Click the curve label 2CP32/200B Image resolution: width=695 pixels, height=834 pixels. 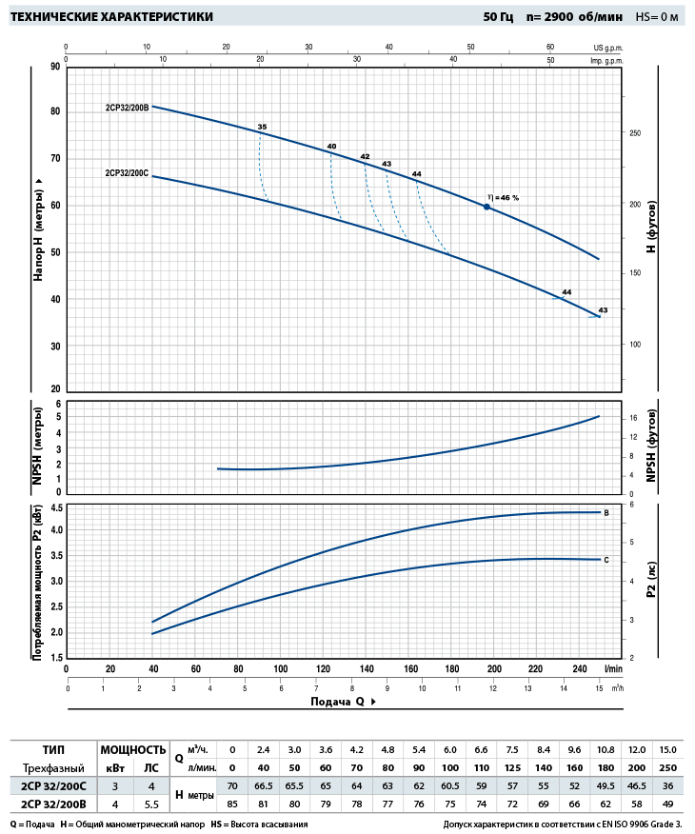128,108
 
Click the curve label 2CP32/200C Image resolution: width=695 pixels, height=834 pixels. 128,173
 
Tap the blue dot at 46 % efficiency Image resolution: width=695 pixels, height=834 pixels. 486,207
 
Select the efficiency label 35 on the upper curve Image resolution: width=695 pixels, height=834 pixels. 262,127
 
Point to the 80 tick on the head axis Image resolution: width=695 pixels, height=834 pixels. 55,112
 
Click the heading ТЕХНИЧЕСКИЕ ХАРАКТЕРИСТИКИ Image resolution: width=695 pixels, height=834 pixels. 110,17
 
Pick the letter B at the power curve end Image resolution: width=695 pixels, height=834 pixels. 606,512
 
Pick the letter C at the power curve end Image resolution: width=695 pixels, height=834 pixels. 606,560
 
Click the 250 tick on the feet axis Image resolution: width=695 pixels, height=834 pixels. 634,133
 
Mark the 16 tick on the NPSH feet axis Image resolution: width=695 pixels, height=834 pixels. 631,418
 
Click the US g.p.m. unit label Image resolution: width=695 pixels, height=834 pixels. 606,46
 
